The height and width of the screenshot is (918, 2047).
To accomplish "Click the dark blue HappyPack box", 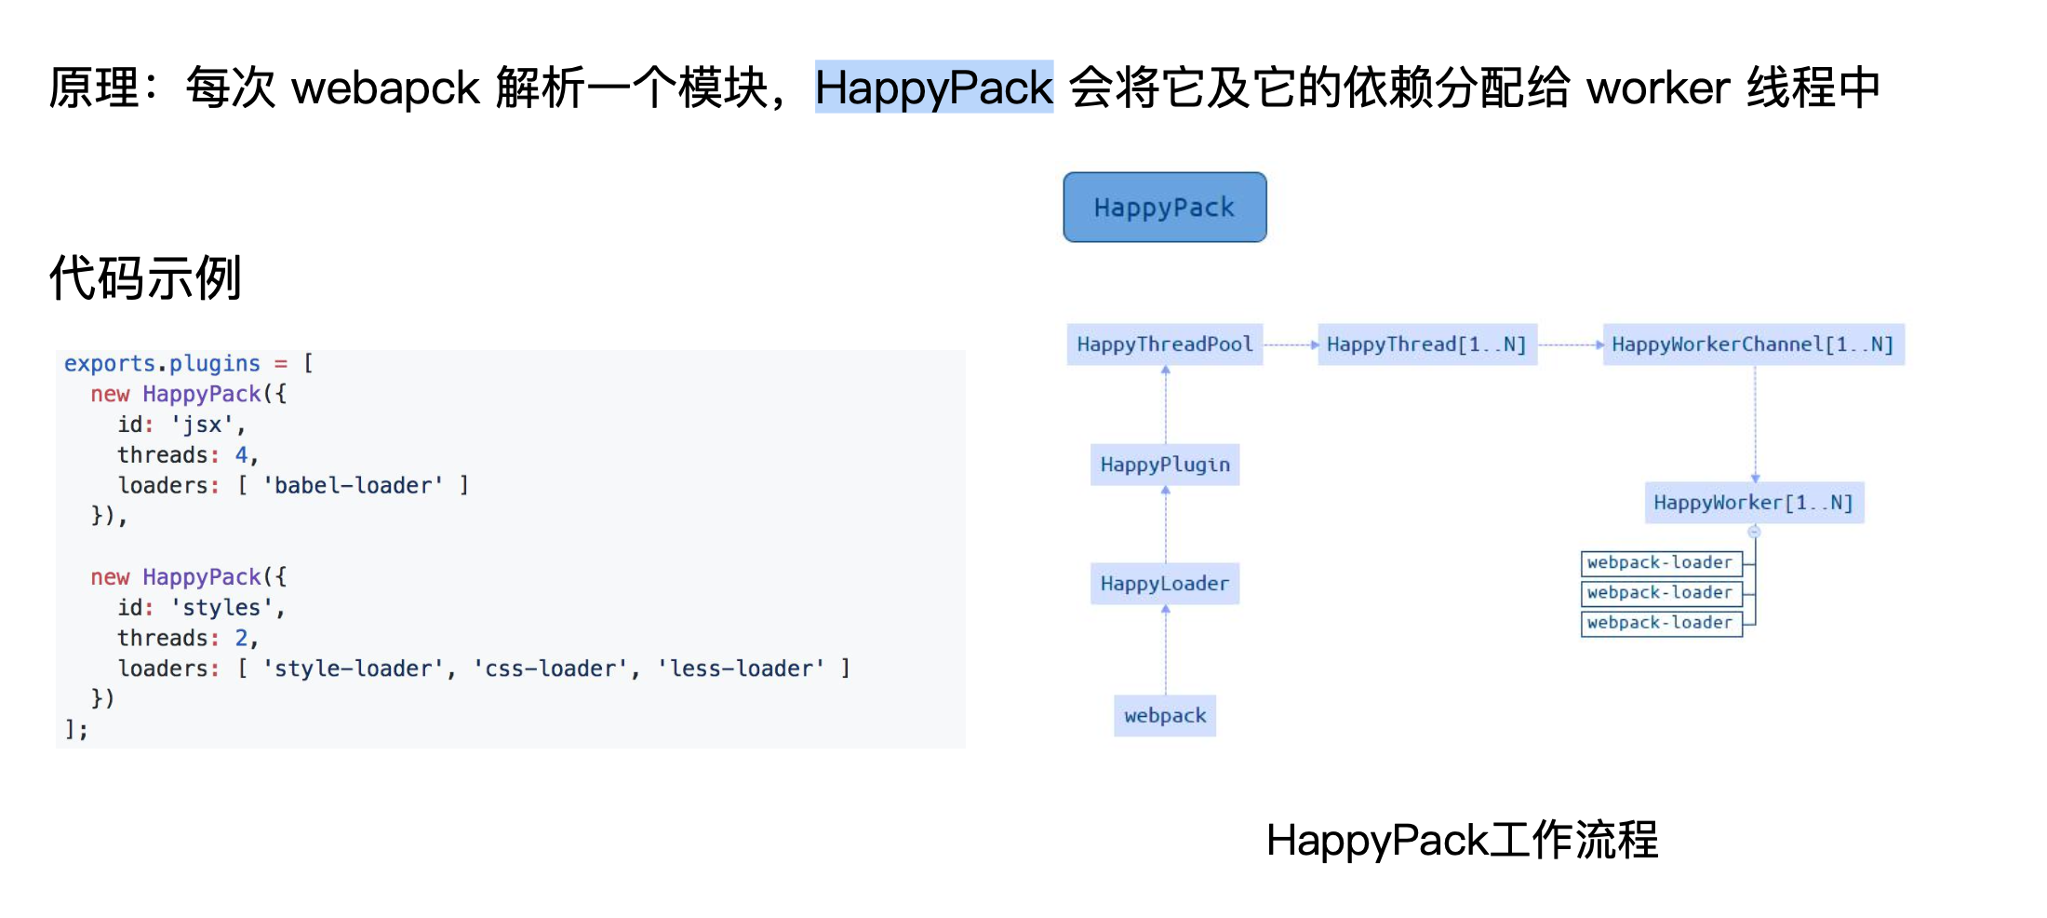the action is coord(1164,207).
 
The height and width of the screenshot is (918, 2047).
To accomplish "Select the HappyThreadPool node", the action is coord(1164,344).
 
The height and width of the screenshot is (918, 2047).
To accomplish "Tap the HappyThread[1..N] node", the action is coord(1426,344).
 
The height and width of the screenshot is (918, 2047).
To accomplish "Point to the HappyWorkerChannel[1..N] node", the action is coord(1753,344).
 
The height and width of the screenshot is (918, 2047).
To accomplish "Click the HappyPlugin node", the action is coord(1165,465).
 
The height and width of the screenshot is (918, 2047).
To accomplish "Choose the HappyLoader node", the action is coord(1165,584).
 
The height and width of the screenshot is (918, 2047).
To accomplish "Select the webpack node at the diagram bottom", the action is coord(1165,716).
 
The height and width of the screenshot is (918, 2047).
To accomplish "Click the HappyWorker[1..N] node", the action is coord(1754,503).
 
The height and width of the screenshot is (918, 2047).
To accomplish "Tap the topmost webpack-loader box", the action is coord(1661,562).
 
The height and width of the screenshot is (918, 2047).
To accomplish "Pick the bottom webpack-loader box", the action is coord(1661,623).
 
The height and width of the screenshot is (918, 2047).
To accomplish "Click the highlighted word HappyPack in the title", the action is coord(933,88).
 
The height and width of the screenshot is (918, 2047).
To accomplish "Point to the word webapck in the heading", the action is coord(385,88).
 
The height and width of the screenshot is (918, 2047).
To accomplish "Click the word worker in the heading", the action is coord(1657,88).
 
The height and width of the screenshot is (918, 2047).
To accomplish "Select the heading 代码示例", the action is coord(145,277).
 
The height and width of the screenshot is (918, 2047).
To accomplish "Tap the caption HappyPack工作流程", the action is coord(1462,840).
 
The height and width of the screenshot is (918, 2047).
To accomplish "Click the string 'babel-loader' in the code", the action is coord(354,485).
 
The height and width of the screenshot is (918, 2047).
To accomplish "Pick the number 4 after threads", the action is coord(241,455).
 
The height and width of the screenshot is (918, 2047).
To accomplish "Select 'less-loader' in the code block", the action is coord(741,668).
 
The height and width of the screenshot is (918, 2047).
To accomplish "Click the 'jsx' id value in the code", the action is coord(202,425).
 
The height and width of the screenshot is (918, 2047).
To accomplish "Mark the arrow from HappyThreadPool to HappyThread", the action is coord(1291,344).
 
